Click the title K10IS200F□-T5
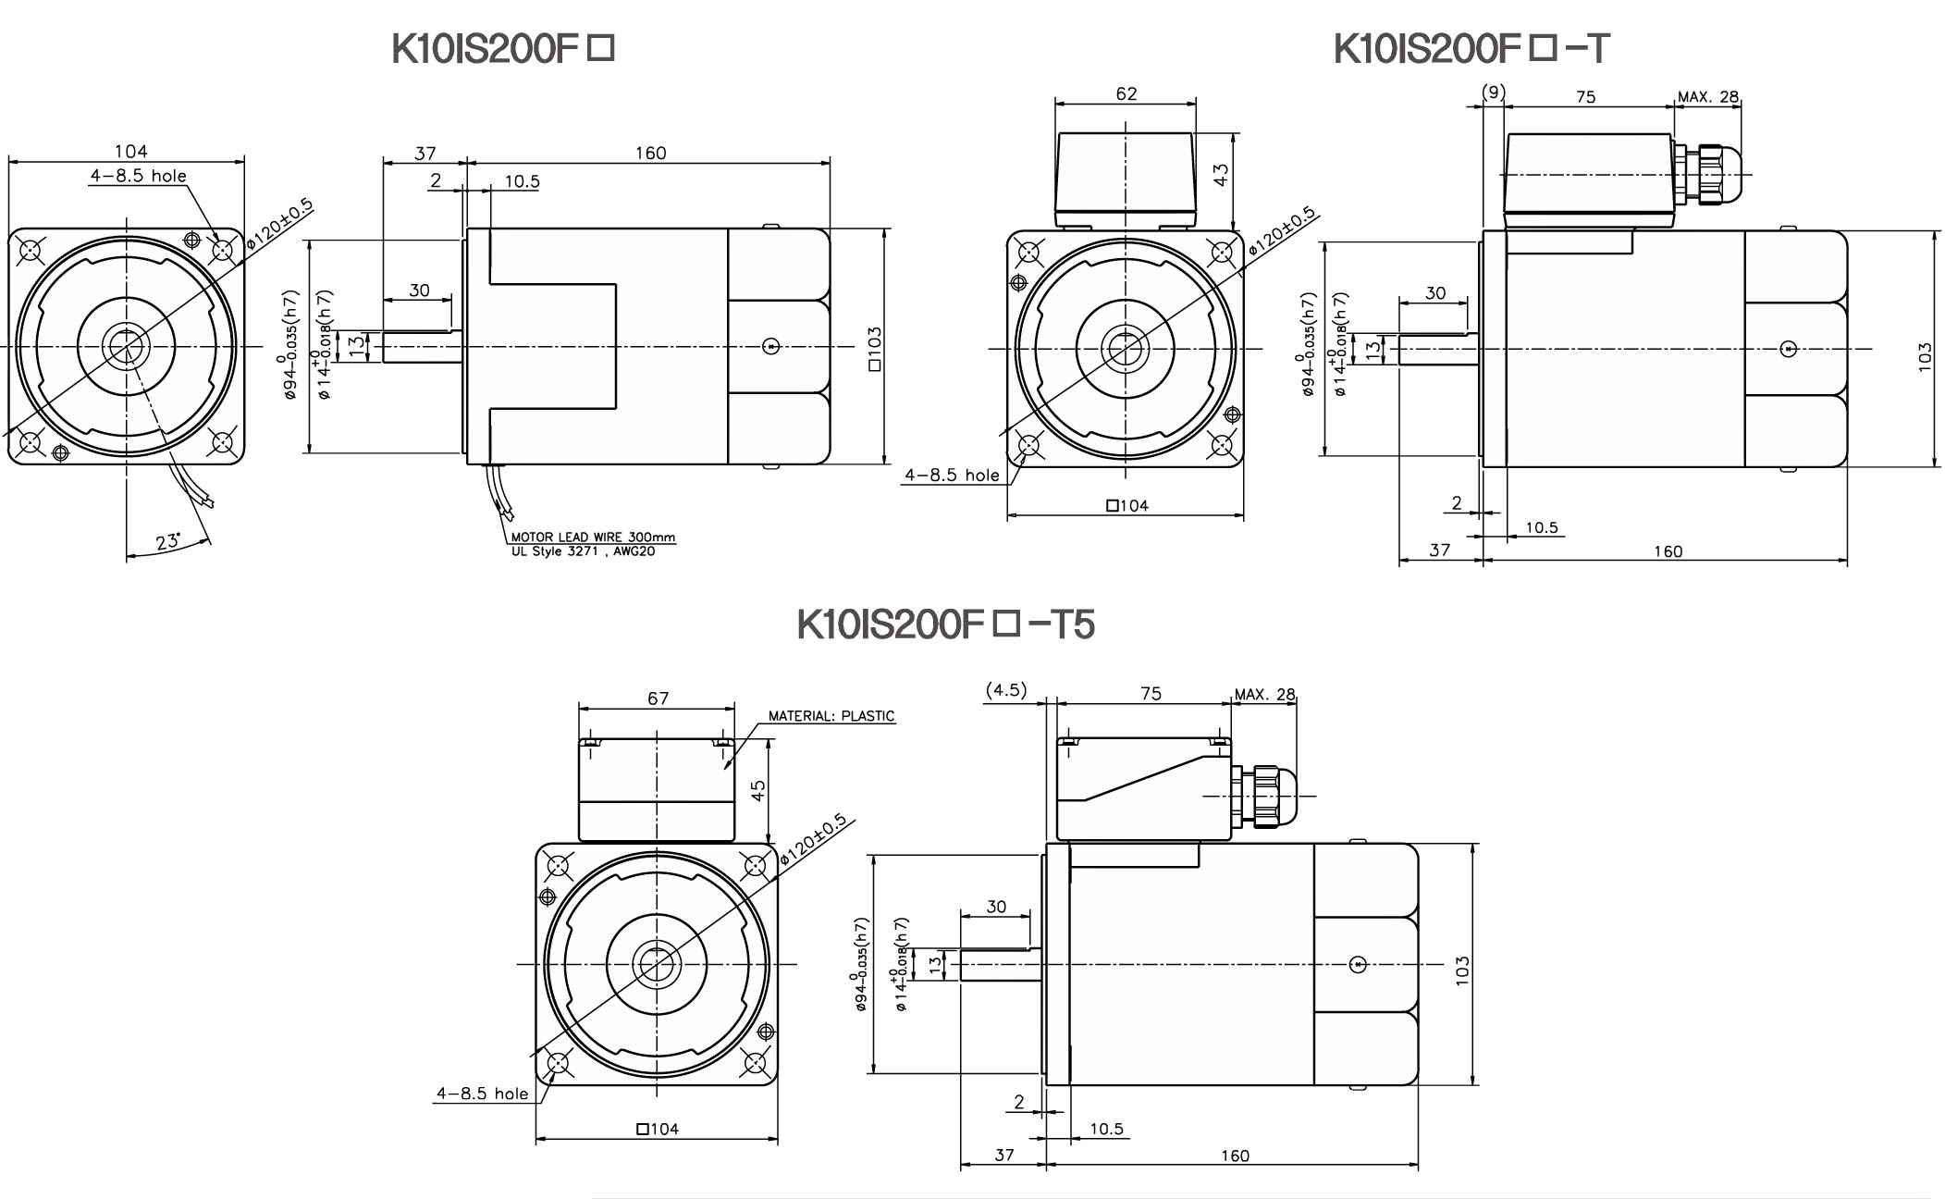(945, 624)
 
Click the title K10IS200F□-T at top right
(1471, 49)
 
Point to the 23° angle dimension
(168, 542)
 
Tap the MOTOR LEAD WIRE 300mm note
(593, 538)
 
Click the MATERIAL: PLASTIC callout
(831, 716)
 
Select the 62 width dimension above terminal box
(1126, 93)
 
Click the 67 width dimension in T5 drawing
(658, 698)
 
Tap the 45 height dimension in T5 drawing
(758, 791)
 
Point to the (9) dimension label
(1493, 92)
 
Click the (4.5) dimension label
(1006, 690)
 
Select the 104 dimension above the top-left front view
(130, 151)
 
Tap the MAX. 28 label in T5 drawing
(1265, 695)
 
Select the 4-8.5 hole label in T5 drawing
(482, 1094)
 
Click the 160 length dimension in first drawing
(650, 153)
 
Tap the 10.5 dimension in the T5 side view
(1106, 1129)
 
